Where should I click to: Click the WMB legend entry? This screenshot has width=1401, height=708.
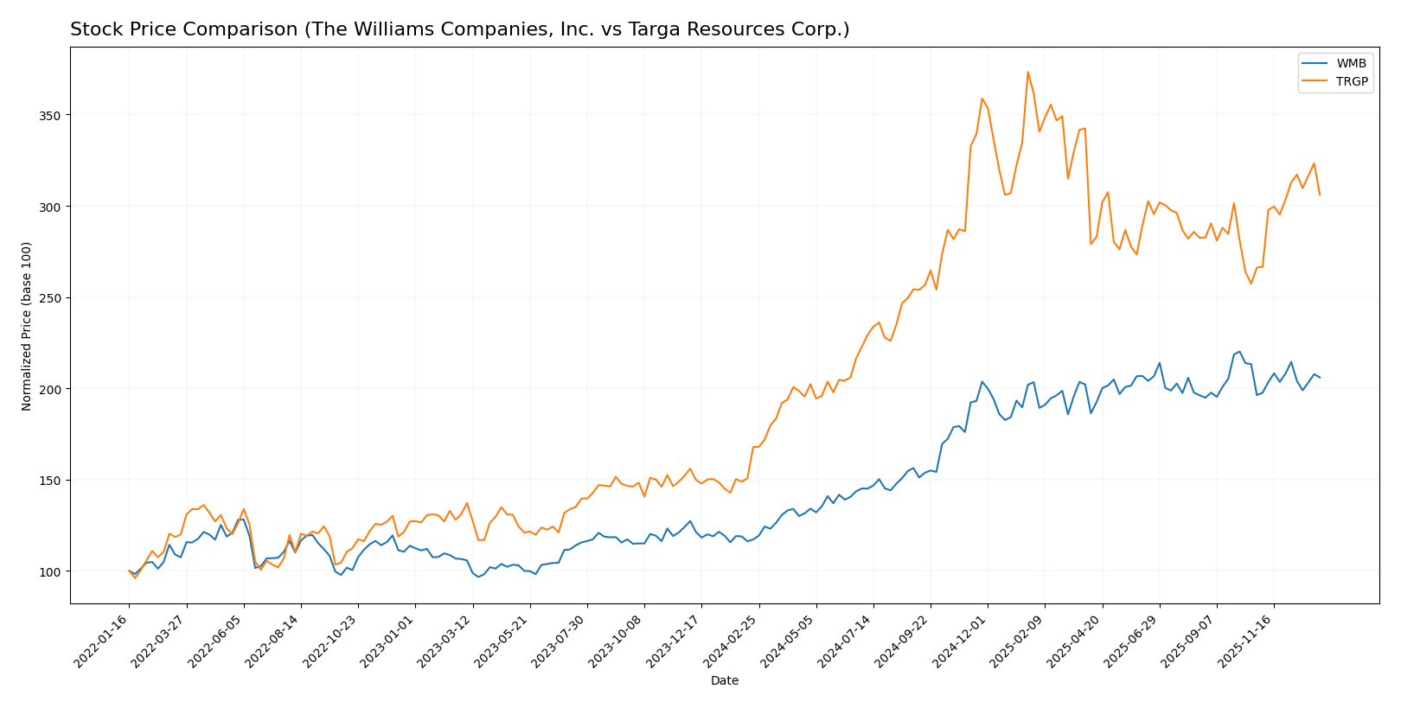(x=1352, y=64)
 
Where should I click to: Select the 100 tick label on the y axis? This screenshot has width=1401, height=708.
(x=50, y=571)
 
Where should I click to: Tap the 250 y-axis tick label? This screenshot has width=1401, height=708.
(x=50, y=297)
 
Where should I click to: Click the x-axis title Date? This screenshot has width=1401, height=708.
(x=724, y=681)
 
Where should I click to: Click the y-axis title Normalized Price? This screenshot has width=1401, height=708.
(x=27, y=326)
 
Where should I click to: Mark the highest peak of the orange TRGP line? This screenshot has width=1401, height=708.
(x=1027, y=72)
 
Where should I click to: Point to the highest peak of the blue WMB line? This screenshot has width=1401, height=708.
(x=1239, y=352)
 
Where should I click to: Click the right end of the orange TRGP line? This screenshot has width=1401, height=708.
(x=1320, y=195)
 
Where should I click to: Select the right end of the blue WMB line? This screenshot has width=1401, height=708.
(x=1320, y=378)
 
